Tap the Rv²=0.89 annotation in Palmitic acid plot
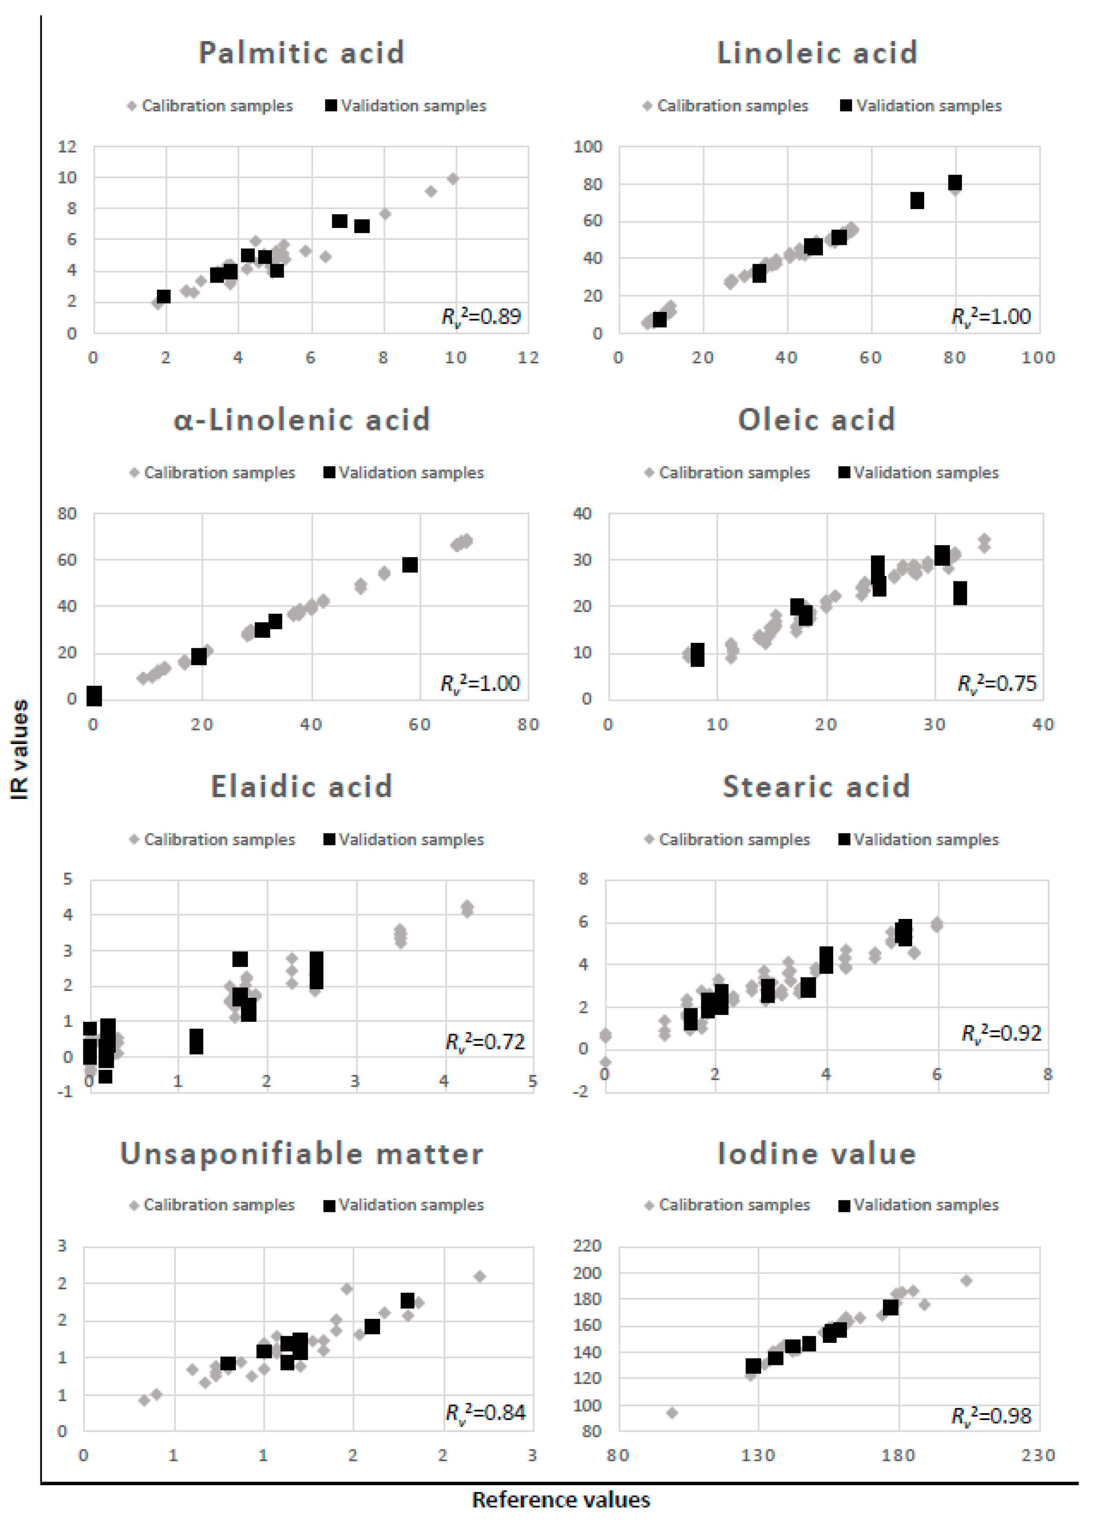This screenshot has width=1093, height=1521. pyautogui.click(x=481, y=316)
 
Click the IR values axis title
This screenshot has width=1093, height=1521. pyautogui.click(x=20, y=749)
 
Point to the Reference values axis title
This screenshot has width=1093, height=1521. pyautogui.click(x=561, y=1500)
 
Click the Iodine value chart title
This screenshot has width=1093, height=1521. pyautogui.click(x=817, y=1154)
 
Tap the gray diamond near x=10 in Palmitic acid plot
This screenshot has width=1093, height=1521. pyautogui.click(x=453, y=178)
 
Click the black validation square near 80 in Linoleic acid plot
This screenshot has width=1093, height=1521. pyautogui.click(x=955, y=182)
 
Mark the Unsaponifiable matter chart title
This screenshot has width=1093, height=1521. pyautogui.click(x=301, y=1154)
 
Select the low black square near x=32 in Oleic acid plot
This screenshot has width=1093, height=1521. pyautogui.click(x=960, y=593)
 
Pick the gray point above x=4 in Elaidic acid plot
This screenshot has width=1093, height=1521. pyautogui.click(x=467, y=909)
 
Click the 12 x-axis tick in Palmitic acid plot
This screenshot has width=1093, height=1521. pyautogui.click(x=528, y=358)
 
